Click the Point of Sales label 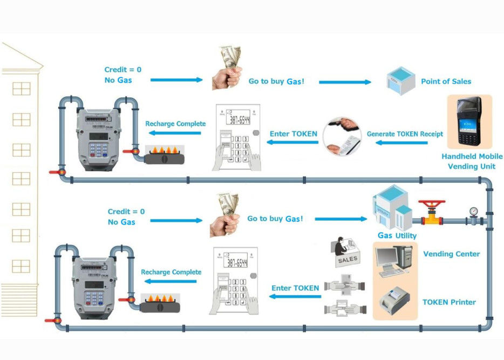(x=446, y=81)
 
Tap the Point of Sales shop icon (x=399, y=80)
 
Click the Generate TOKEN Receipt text (x=405, y=134)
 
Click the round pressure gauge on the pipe (x=473, y=211)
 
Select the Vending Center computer (x=396, y=261)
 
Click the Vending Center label (x=451, y=254)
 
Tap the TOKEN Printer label (x=449, y=302)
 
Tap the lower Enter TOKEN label (x=295, y=288)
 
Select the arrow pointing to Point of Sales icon (x=345, y=82)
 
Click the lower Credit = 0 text (x=126, y=212)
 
